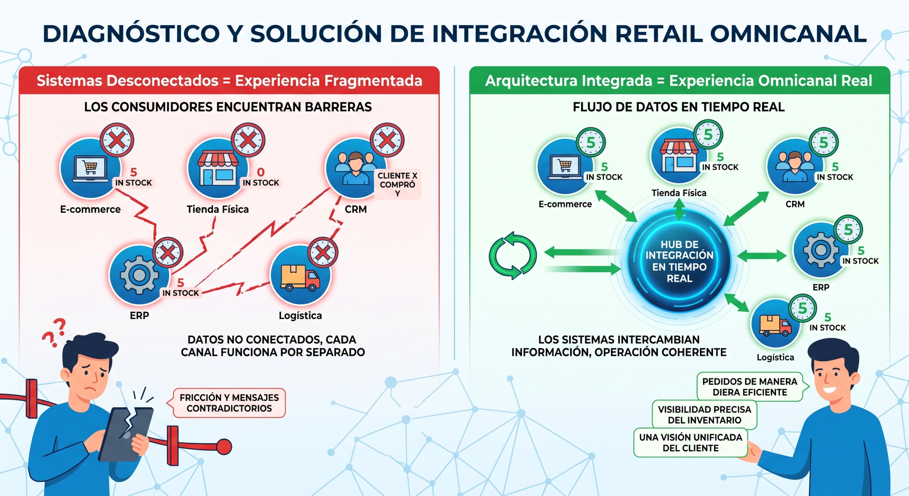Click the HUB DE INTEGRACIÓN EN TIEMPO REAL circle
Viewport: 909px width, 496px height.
[x=679, y=261]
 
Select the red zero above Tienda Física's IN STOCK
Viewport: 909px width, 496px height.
[x=261, y=172]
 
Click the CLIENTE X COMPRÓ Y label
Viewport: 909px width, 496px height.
[x=397, y=184]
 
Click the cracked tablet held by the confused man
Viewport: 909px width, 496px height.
[x=126, y=434]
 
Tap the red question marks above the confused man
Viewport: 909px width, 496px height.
[x=54, y=332]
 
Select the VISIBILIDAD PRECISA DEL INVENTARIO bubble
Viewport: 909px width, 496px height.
[x=704, y=415]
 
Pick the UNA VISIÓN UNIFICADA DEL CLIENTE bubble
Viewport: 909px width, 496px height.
[x=691, y=442]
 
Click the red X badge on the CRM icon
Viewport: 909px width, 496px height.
[x=387, y=140]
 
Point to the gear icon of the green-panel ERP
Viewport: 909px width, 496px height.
[x=821, y=250]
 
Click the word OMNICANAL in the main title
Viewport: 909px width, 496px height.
[x=788, y=34]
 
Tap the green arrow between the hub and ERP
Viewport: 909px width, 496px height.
[x=762, y=255]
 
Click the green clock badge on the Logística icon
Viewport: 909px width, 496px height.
[x=802, y=308]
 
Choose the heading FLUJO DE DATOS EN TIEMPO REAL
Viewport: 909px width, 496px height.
[x=679, y=107]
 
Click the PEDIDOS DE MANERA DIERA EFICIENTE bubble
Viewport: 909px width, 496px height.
[x=750, y=387]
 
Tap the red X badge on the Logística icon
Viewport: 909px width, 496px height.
[x=323, y=253]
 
